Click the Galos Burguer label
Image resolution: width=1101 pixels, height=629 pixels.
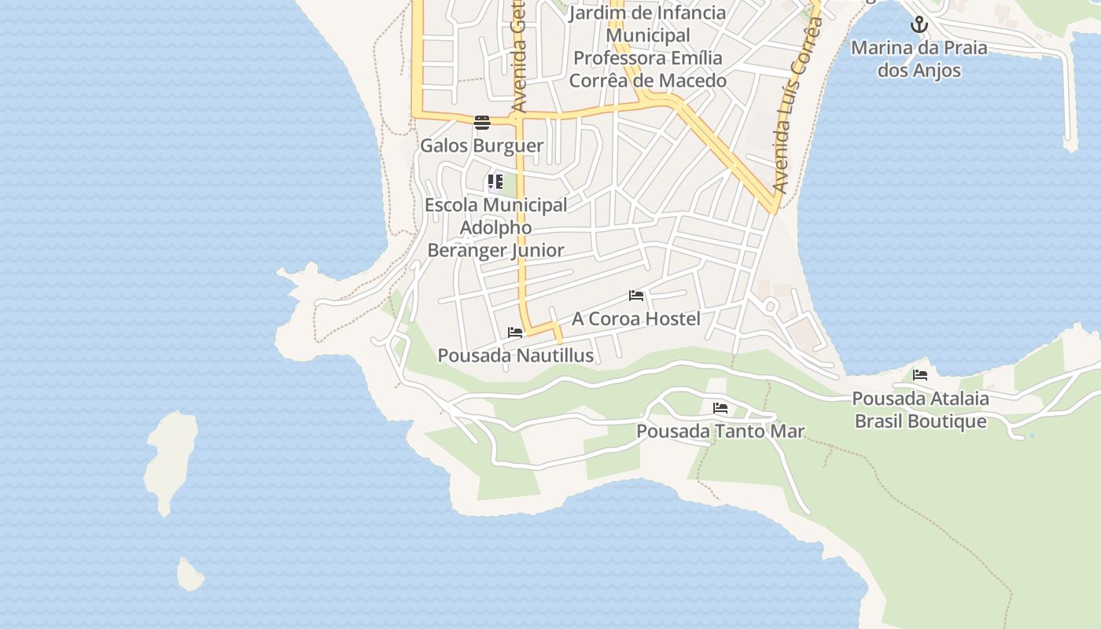coord(481,145)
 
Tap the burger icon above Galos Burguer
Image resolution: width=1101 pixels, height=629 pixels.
coord(481,122)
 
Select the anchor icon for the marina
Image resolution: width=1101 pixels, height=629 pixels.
coord(919,25)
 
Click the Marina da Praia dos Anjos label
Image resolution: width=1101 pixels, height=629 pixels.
coord(919,59)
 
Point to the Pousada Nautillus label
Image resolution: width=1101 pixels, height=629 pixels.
coord(515,355)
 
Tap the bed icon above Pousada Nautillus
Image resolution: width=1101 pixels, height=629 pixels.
coord(515,333)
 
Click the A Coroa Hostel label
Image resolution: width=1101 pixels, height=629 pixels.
coord(635,318)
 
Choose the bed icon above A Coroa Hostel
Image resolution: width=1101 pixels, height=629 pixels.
coord(636,296)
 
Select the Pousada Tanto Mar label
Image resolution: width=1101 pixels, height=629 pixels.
coord(720,431)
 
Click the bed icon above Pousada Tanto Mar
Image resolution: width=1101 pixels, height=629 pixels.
coord(720,408)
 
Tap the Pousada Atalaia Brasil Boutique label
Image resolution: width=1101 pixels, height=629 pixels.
coord(920,410)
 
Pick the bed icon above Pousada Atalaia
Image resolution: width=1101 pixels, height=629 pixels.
coord(920,375)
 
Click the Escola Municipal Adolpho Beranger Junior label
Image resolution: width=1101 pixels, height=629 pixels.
coord(495,227)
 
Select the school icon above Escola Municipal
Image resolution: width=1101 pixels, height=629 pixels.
coord(495,182)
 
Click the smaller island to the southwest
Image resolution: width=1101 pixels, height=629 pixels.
coord(190,575)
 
